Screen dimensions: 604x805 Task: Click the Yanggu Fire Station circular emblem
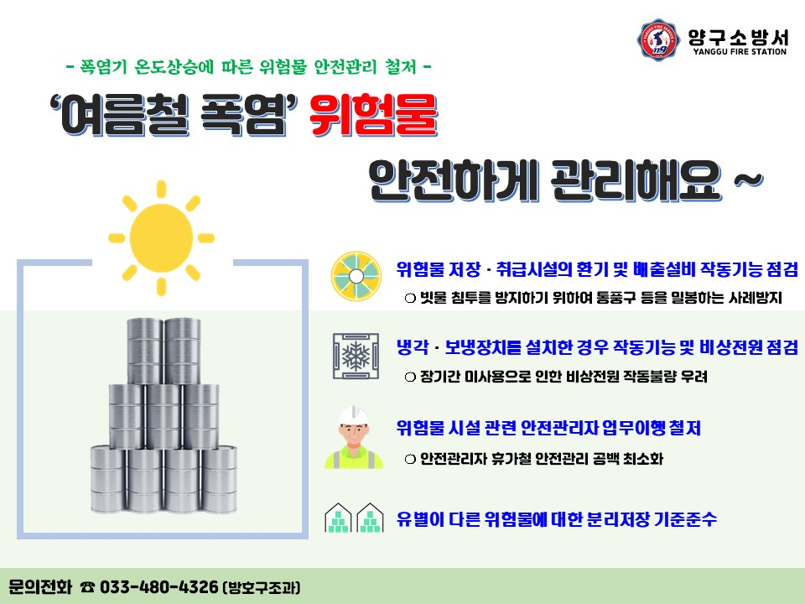tap(659, 39)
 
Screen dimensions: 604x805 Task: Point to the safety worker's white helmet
tap(354, 416)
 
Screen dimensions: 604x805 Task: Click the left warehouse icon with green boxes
tap(338, 518)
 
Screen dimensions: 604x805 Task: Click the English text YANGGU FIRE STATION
tap(739, 52)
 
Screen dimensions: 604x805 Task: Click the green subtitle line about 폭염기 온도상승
tap(248, 65)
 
